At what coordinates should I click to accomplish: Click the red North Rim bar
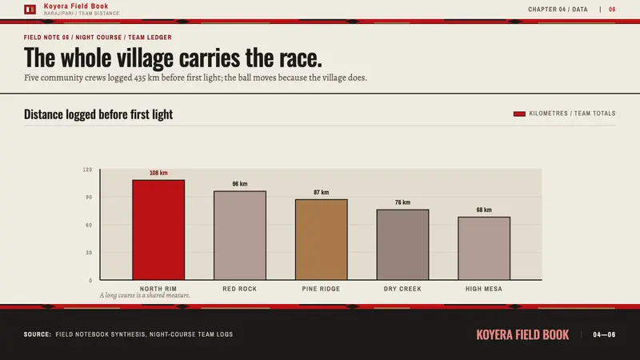pos(158,230)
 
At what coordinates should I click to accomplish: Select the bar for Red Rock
pos(240,235)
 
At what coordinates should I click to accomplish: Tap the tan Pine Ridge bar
pos(322,239)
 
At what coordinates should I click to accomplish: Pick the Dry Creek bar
pos(402,245)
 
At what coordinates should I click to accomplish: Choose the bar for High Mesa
pos(484,249)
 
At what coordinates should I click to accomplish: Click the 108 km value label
pos(158,173)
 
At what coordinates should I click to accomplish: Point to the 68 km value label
pos(484,210)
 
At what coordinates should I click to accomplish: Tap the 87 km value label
pos(322,192)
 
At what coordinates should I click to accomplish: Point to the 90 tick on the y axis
pos(89,197)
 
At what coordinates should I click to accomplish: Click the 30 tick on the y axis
pos(89,253)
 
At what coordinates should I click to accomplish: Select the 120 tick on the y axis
pos(87,170)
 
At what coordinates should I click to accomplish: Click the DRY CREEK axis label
pos(402,289)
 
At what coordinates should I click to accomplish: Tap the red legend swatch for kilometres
pos(519,114)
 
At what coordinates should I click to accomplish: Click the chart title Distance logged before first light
pos(98,114)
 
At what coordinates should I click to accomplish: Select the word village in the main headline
pos(145,58)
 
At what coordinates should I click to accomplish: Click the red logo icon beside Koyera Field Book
pos(30,10)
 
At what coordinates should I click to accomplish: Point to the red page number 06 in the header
pos(612,10)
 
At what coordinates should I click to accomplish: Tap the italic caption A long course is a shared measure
pos(145,295)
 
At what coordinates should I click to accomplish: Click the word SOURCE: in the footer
pos(38,334)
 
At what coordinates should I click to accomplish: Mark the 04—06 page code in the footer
pos(604,334)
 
